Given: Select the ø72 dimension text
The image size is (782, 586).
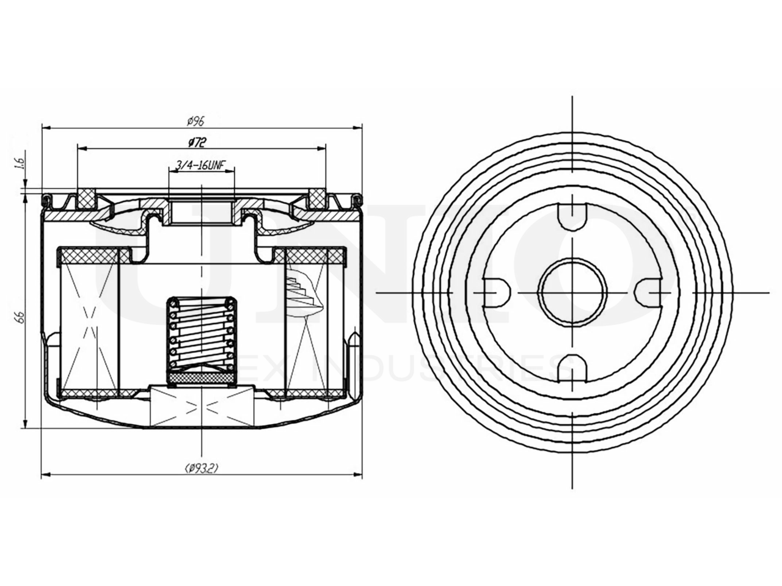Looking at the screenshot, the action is coord(196,142).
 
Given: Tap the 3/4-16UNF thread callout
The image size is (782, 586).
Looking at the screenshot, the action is coord(200,165).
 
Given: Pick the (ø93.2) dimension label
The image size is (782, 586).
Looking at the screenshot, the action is coord(201,468).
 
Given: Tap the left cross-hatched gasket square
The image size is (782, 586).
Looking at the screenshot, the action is coord(86,198).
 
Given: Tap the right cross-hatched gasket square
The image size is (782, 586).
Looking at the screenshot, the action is coord(317,198).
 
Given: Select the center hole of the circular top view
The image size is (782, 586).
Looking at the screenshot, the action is coord(572,292).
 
